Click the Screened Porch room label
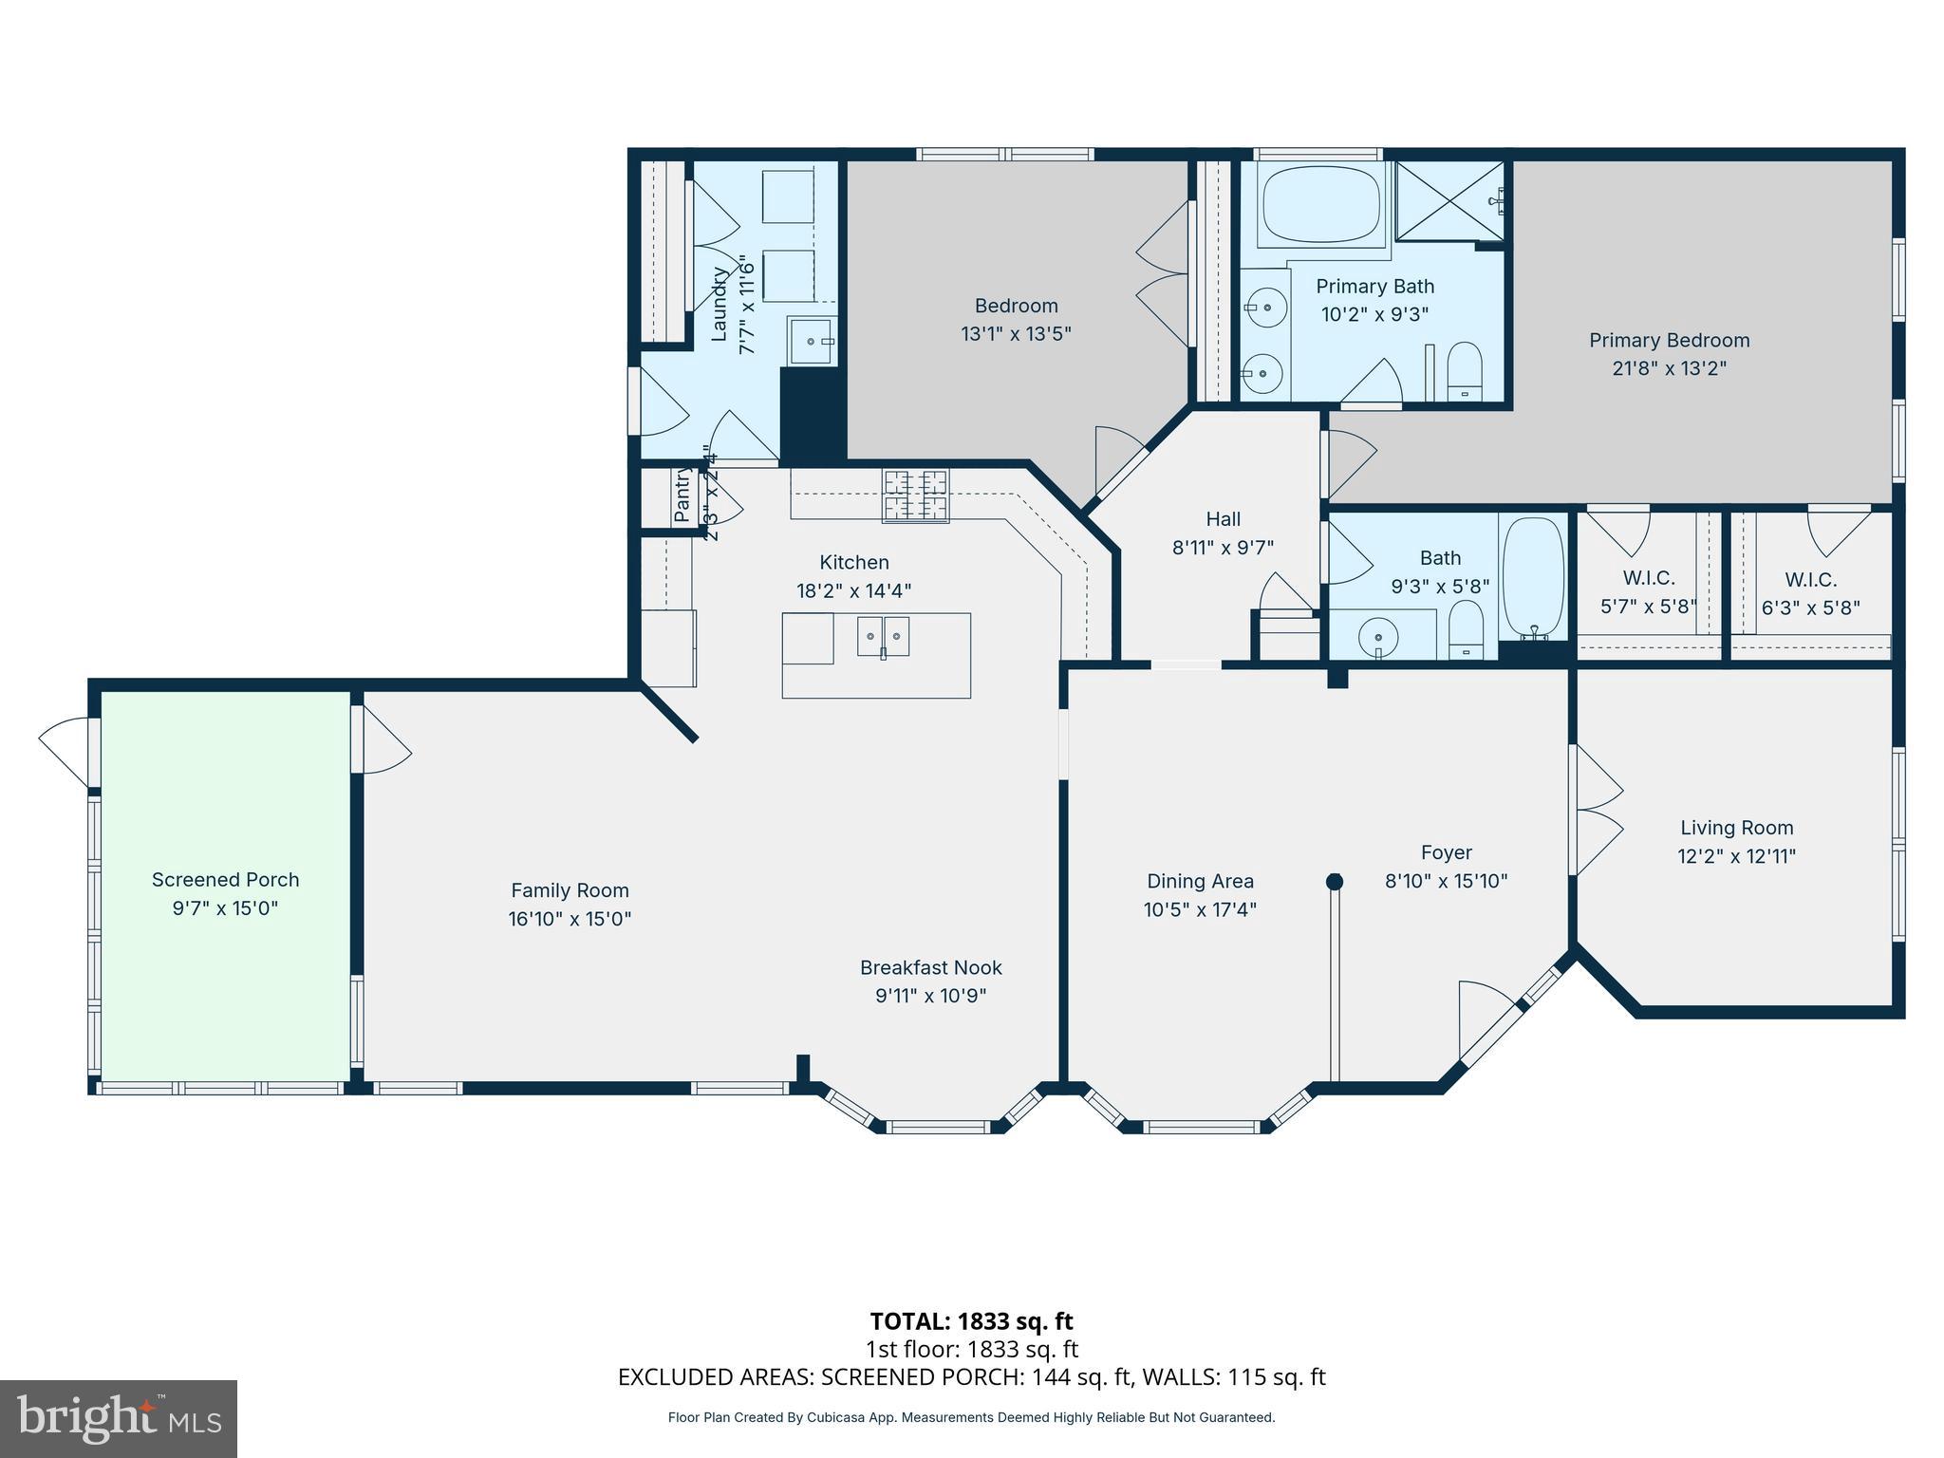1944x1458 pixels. [x=225, y=880]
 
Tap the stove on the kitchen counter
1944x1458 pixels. [x=915, y=495]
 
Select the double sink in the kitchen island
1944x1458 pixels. [x=883, y=636]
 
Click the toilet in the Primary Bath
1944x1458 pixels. [x=1465, y=372]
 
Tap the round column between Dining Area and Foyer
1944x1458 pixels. [x=1334, y=882]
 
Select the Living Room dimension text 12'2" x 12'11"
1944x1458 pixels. [x=1736, y=856]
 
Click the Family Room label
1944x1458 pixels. [x=570, y=890]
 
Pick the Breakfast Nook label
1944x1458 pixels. [x=930, y=967]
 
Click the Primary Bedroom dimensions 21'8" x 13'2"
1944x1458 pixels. [x=1669, y=368]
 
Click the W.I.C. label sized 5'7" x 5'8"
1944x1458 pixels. [x=1648, y=578]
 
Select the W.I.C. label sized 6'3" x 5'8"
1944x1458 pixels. [x=1810, y=580]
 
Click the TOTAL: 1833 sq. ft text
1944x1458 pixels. [x=971, y=1321]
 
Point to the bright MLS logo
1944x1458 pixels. [x=119, y=1418]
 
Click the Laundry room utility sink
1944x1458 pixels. [x=812, y=341]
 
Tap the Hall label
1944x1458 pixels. [x=1223, y=519]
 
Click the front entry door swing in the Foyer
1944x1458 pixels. [x=1486, y=1017]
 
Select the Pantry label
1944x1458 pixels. [x=682, y=495]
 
